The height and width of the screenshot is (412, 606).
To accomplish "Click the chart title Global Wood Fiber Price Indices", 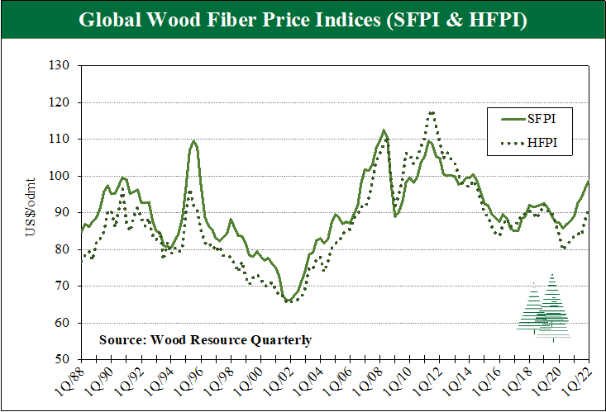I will click(x=303, y=20).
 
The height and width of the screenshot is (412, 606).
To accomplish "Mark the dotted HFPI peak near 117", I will click(x=432, y=112).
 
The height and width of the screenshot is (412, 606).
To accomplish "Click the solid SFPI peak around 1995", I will click(x=193, y=141).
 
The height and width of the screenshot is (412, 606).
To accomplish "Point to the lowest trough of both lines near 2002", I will click(x=288, y=301).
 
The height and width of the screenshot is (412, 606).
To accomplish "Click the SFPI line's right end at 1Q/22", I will click(x=588, y=182).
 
